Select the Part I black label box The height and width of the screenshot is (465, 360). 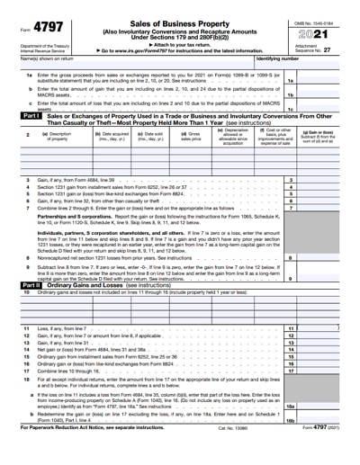coord(30,115)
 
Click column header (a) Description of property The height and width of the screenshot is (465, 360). coord(57,137)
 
